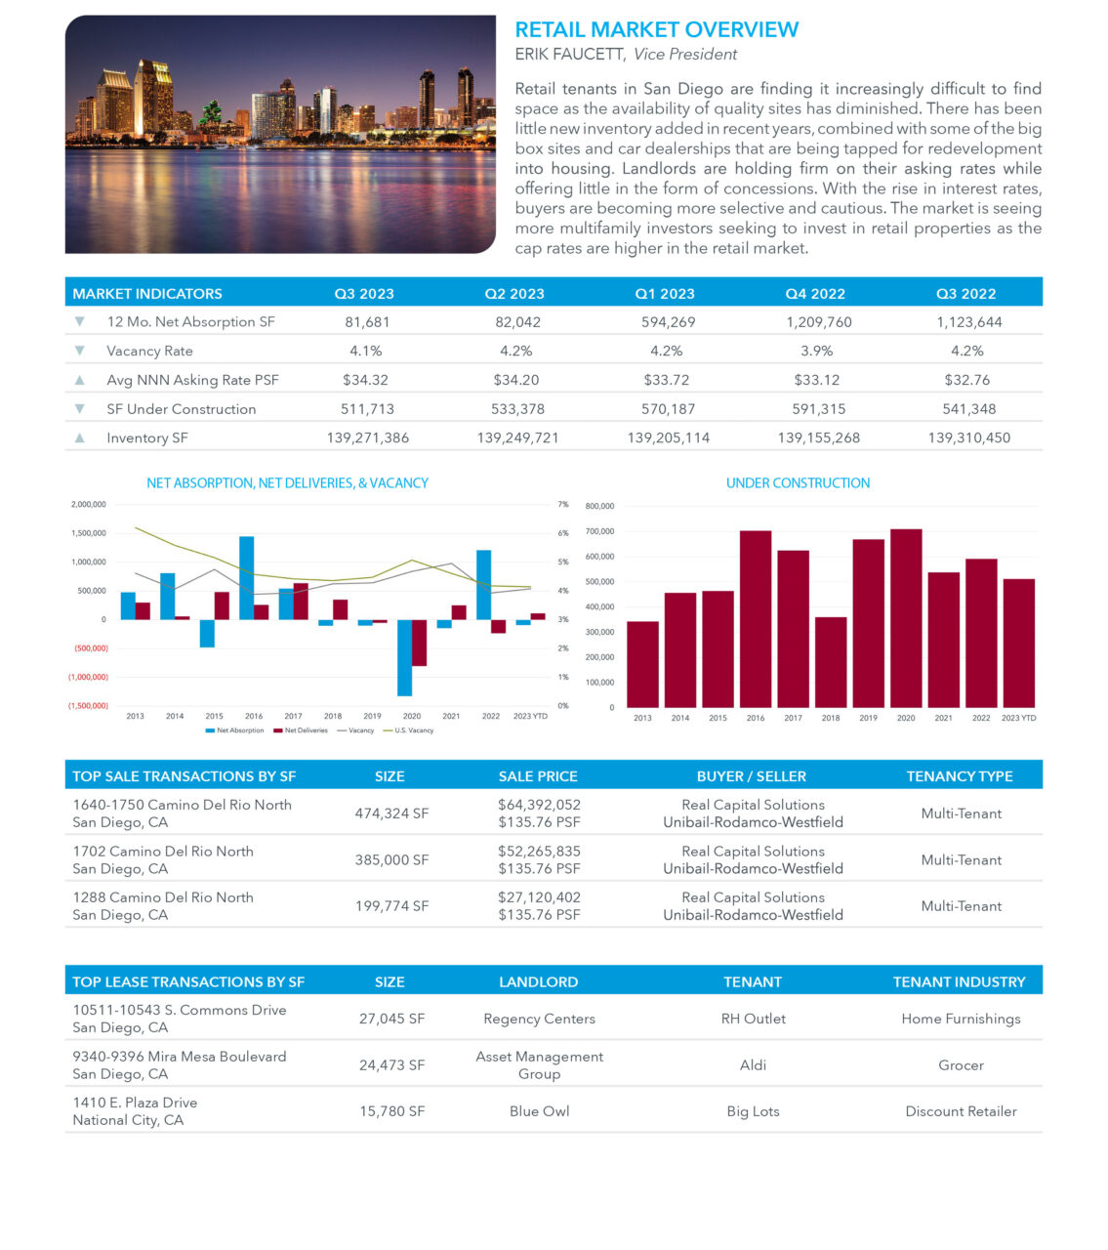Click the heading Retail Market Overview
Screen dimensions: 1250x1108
656,30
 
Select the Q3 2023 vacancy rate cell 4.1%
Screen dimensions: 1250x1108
365,351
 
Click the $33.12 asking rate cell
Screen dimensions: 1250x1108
816,380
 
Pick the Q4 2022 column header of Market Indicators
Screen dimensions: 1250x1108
815,294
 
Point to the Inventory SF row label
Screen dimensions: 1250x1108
146,437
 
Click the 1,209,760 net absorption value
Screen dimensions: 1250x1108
818,322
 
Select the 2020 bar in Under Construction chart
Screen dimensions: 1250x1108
906,617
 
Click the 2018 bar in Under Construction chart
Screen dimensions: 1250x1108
831,661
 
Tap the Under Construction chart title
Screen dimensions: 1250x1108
798,483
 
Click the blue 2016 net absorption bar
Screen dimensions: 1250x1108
246,577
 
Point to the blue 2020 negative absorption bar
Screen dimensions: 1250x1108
404,657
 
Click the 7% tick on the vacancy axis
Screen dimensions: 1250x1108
562,505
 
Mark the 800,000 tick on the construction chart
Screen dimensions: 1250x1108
599,506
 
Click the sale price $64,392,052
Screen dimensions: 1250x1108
539,805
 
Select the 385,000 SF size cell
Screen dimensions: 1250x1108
391,860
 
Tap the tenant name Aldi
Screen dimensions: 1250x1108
753,1065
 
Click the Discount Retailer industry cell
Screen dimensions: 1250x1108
961,1111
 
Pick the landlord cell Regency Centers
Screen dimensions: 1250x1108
539,1019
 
